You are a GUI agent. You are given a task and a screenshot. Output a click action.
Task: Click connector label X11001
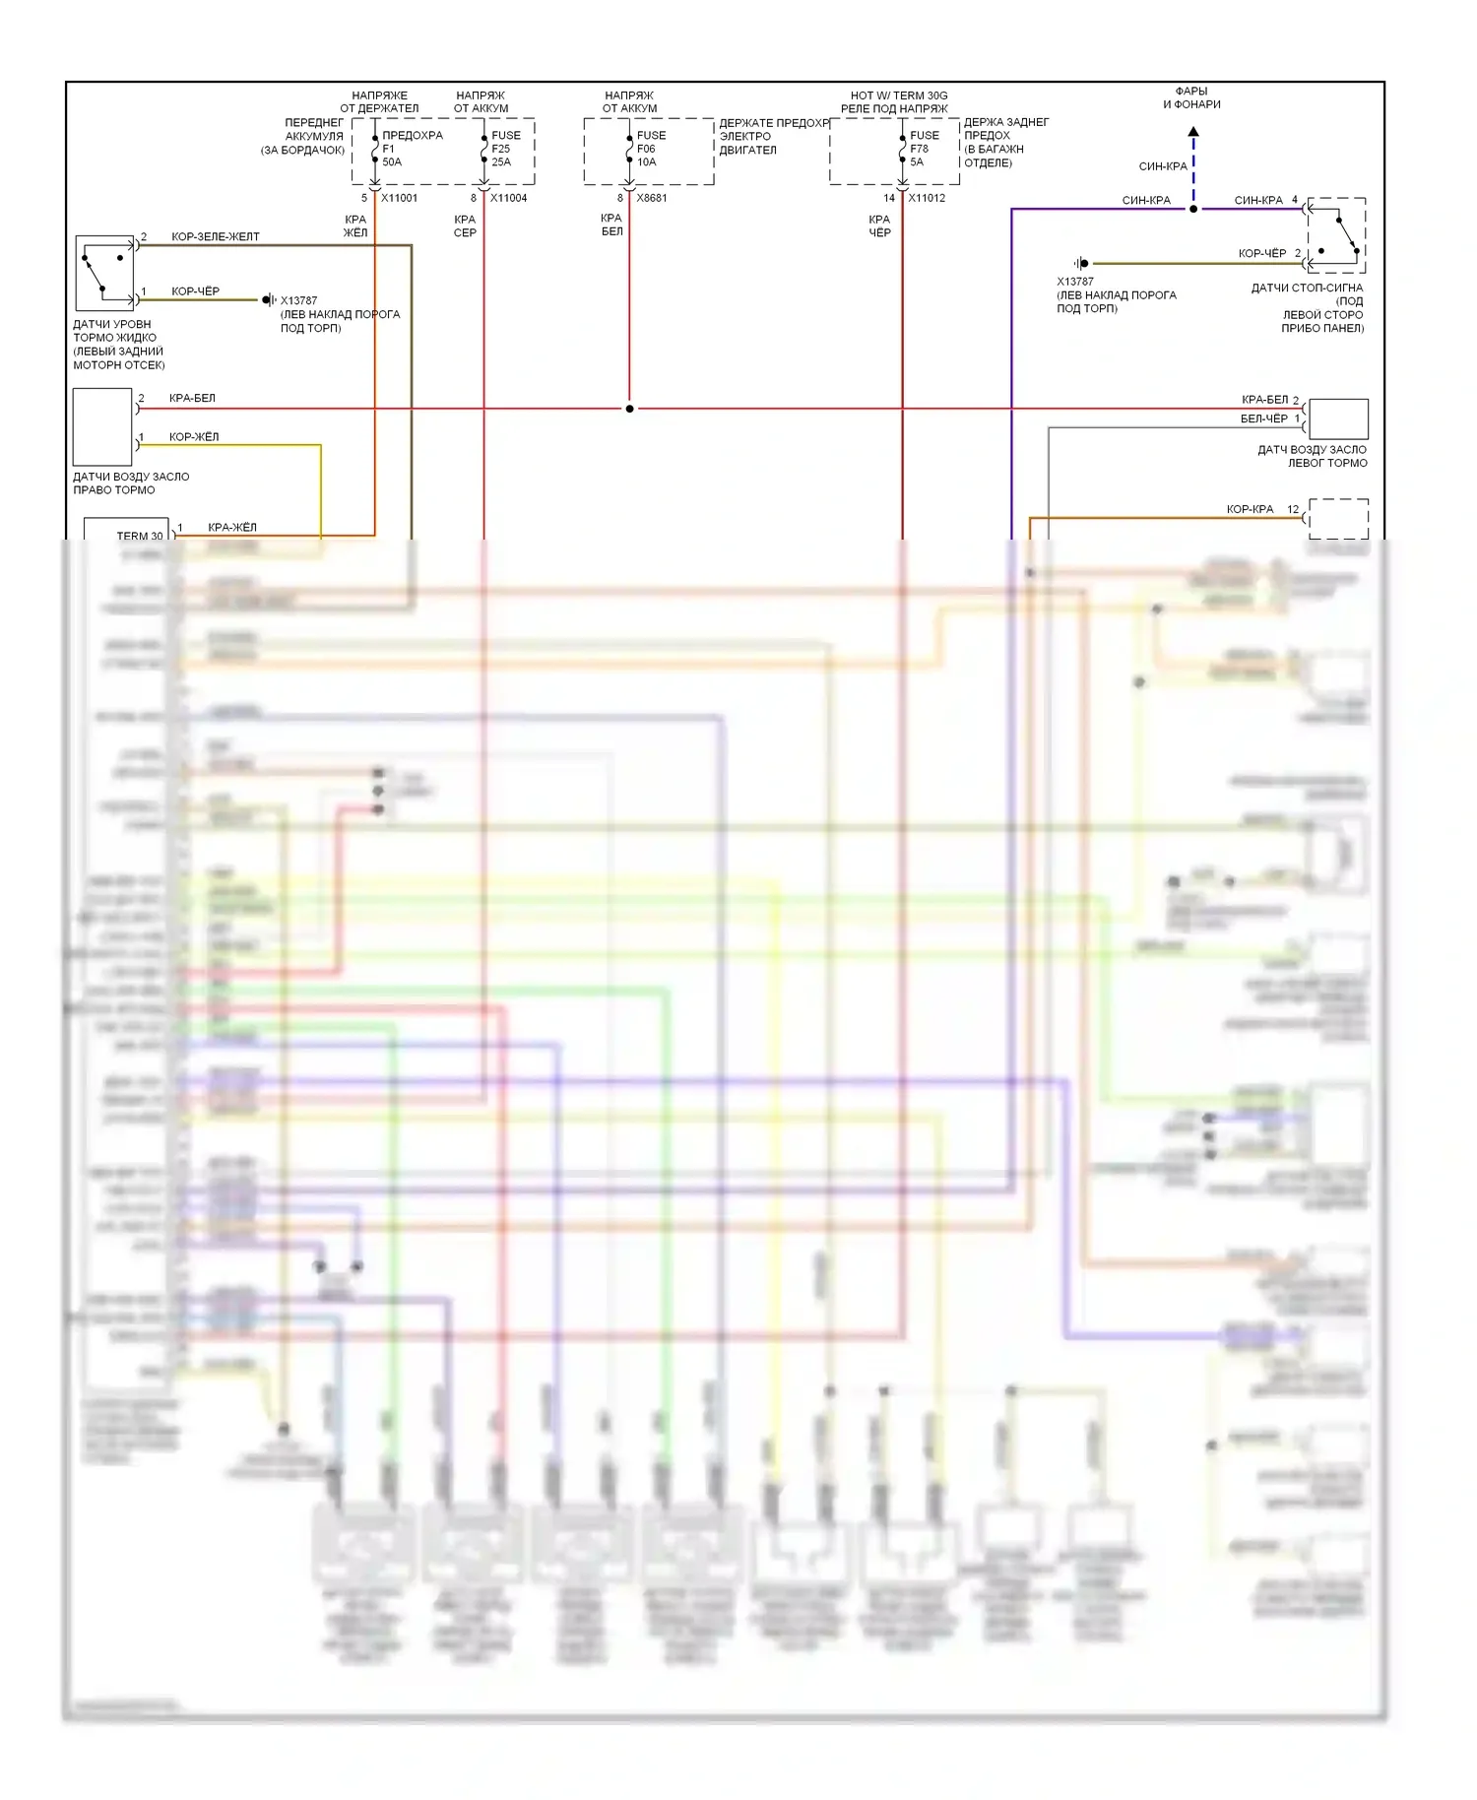[x=400, y=198]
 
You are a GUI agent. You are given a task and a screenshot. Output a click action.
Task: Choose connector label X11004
[x=508, y=198]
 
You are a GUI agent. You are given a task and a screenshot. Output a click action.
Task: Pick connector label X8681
[x=652, y=198]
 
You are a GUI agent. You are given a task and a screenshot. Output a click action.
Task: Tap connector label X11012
[x=927, y=198]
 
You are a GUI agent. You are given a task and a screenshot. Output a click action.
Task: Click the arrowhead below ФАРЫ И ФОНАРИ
[x=1193, y=131]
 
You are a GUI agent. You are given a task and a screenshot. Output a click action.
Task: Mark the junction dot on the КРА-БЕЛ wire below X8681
[x=630, y=409]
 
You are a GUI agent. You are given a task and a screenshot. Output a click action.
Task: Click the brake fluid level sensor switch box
[x=104, y=273]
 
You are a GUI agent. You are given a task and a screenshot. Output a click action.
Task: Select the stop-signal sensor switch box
[x=1336, y=234]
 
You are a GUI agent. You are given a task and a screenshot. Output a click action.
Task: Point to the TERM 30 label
[x=140, y=536]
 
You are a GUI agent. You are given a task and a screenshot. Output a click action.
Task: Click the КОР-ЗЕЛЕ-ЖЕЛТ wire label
[x=216, y=237]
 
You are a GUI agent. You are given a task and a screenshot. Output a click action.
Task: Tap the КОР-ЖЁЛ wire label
[x=194, y=437]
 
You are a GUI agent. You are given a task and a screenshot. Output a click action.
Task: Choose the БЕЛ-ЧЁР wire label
[x=1263, y=418]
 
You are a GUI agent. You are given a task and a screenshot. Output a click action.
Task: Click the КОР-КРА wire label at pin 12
[x=1250, y=509]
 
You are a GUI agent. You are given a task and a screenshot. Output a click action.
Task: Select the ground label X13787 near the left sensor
[x=298, y=301]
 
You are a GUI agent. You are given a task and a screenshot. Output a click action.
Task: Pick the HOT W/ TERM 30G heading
[x=898, y=96]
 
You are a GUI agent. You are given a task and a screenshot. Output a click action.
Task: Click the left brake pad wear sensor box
[x=1338, y=418]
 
